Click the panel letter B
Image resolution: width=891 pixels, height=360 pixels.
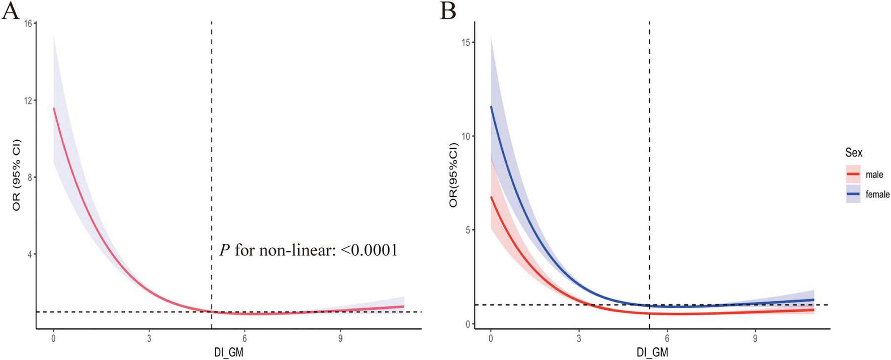(448, 11)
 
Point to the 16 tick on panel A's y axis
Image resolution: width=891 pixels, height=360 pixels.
(28, 24)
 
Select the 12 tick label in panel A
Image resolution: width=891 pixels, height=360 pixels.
(28, 101)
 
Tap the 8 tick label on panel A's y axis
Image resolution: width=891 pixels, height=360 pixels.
(29, 177)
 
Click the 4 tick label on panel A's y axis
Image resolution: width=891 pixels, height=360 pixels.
(29, 254)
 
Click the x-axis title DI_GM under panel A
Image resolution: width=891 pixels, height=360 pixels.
(229, 352)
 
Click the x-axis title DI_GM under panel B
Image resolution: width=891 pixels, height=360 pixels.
(652, 352)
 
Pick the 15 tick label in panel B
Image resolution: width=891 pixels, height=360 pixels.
(466, 42)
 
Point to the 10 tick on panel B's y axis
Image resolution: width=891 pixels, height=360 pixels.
(466, 136)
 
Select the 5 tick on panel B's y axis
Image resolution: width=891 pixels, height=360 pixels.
(468, 230)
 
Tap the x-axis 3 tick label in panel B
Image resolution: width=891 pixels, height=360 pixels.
(579, 339)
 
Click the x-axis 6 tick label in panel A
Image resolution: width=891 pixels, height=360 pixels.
(244, 339)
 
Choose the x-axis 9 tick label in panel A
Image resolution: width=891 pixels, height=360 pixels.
(340, 339)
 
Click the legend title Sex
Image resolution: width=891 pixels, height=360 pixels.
(854, 152)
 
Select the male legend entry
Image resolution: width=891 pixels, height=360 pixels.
(874, 175)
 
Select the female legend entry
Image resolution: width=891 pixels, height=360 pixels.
(877, 194)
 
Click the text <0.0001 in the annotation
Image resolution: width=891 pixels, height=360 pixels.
(369, 250)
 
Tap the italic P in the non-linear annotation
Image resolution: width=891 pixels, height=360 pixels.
(225, 250)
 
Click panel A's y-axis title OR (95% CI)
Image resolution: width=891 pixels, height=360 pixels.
(17, 174)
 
